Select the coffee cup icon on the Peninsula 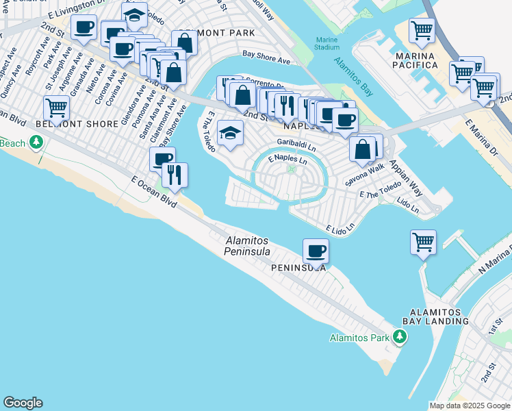point(316,251)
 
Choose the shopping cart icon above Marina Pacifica point(422,29)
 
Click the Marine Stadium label point(327,43)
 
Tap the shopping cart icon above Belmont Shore point(56,108)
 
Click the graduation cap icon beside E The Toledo point(231,132)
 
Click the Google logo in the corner point(23,403)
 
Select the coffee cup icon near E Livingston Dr point(84,28)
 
